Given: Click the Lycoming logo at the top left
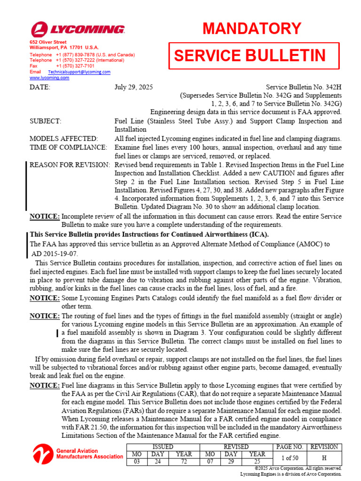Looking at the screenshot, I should tap(78, 30).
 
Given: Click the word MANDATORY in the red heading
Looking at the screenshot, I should tap(252, 29).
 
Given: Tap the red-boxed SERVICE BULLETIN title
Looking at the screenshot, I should tap(250, 56).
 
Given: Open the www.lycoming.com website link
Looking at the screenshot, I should tap(49, 78).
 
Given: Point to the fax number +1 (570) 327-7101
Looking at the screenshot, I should tap(75, 66).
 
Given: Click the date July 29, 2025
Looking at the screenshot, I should tap(133, 87).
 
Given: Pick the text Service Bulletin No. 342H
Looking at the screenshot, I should tap(304, 87).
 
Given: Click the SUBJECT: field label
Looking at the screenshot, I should tap(45, 122).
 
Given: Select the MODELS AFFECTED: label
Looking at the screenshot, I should tap(63, 139).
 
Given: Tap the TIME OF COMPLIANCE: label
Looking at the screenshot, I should tap(68, 147).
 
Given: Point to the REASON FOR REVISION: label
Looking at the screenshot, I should tap(70, 165).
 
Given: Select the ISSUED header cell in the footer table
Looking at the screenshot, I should tap(160, 447).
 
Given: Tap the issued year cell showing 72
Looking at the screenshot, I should tap(184, 462).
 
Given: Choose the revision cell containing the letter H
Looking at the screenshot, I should tap(324, 458).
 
